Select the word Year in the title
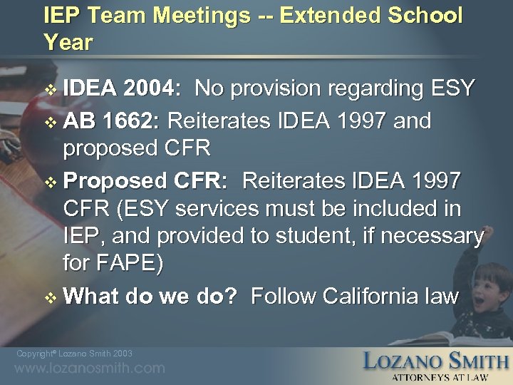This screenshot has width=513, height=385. click(68, 43)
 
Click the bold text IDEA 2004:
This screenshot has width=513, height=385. click(121, 89)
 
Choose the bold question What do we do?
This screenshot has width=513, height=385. click(150, 296)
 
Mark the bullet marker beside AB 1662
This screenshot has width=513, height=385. click(49, 122)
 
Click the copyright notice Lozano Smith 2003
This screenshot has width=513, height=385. click(74, 354)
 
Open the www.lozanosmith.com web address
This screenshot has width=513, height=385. click(90, 369)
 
